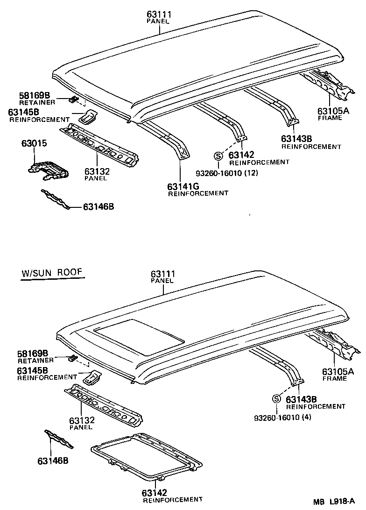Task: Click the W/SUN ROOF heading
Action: click(x=52, y=273)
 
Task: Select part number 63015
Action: click(x=34, y=143)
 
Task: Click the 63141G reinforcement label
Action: click(x=183, y=187)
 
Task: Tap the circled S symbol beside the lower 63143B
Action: click(x=276, y=399)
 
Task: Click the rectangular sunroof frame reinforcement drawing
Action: click(x=146, y=455)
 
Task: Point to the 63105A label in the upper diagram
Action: click(x=333, y=111)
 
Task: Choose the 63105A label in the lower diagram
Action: click(x=338, y=372)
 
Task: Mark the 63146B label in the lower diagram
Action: click(x=53, y=461)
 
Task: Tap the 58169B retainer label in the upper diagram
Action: click(x=35, y=95)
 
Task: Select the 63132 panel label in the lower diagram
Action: click(x=82, y=421)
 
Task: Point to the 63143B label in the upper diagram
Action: click(x=296, y=139)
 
